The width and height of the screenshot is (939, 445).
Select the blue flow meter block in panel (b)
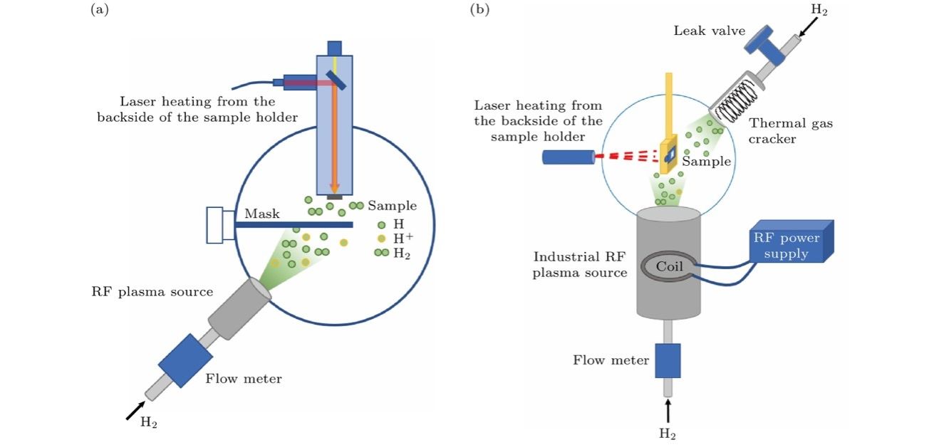pos(668,360)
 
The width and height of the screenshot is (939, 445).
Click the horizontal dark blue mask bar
pos(293,224)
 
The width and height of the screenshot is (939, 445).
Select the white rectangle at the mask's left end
pos(215,225)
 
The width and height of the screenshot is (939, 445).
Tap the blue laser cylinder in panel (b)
pos(568,157)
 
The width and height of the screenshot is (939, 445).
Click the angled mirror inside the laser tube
pos(337,80)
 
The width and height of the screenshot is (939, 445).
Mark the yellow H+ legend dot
pos(381,239)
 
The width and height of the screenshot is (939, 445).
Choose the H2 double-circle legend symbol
pos(381,252)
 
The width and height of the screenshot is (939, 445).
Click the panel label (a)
pos(98,9)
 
